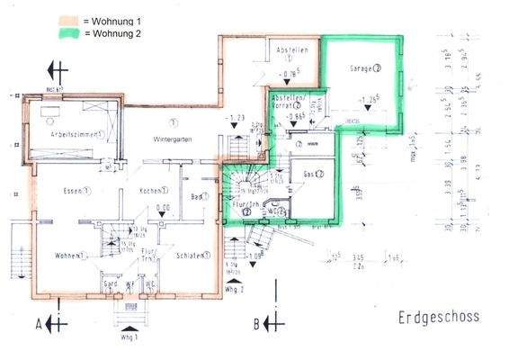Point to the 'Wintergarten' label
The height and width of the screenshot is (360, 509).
point(174,140)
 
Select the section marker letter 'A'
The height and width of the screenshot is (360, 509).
point(39,322)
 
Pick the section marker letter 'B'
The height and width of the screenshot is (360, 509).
point(256,322)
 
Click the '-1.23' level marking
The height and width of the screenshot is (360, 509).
point(237,119)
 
